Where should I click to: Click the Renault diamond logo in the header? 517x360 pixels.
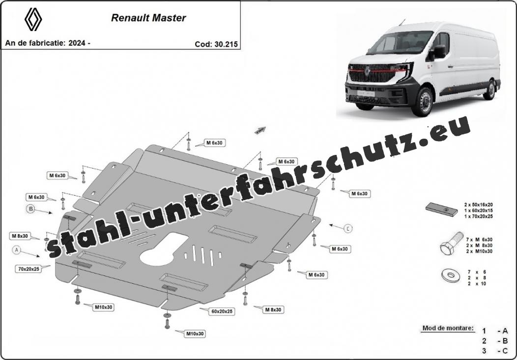coord(33,20)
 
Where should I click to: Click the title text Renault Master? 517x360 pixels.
coord(148,18)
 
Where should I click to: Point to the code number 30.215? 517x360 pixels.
coord(226,44)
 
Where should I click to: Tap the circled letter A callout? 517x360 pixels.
coord(17,250)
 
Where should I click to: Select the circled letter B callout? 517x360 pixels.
coord(30,209)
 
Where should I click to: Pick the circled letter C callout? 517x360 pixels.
coord(348,228)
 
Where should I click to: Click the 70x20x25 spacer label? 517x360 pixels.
coord(29,269)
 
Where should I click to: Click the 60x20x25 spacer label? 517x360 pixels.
coord(222,311)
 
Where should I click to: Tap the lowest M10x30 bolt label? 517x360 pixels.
coord(195,333)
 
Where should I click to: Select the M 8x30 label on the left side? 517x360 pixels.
coord(20,236)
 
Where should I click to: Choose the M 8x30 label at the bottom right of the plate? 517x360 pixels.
coord(273,309)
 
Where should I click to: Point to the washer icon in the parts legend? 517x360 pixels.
coord(450,275)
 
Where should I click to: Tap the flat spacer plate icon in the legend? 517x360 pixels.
coord(442,209)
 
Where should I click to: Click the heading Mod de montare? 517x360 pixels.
coord(448,328)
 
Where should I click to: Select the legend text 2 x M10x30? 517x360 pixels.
coord(480,251)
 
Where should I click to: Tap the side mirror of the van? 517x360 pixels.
coord(439,52)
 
